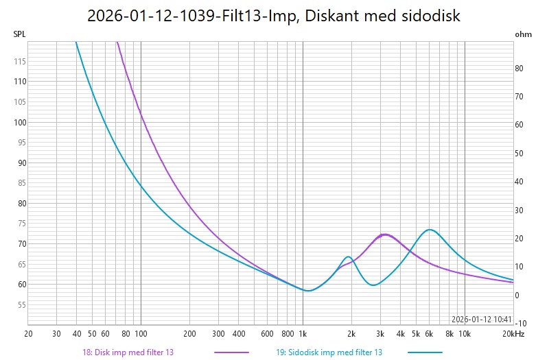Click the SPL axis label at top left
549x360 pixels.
(x=20, y=34)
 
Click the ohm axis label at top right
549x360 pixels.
(x=523, y=34)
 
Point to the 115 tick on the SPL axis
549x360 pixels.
(x=20, y=62)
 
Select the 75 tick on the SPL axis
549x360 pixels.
(x=20, y=224)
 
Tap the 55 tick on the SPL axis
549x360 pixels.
(x=20, y=305)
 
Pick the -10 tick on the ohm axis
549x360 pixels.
(x=521, y=323)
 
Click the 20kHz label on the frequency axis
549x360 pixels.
(x=513, y=334)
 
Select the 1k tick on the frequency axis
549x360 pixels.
(x=303, y=334)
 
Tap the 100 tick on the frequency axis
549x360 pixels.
(x=141, y=334)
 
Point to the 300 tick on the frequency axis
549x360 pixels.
(x=218, y=334)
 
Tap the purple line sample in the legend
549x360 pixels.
(x=231, y=352)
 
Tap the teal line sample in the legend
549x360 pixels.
(x=425, y=352)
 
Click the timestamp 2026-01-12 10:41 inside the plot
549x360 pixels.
(x=482, y=319)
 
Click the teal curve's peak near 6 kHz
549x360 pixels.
(x=429, y=230)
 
